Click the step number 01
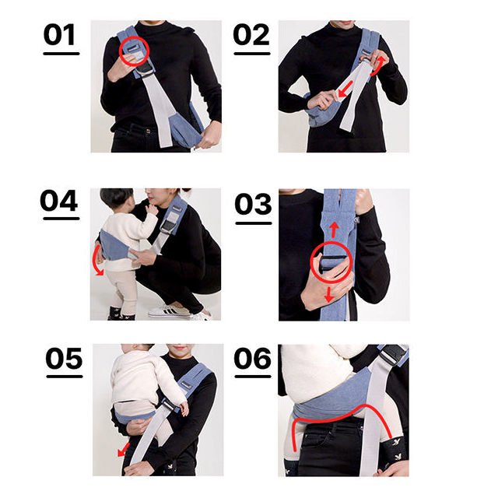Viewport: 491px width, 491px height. point(59,35)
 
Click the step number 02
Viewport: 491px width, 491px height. point(251,35)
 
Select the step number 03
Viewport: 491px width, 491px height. point(253,204)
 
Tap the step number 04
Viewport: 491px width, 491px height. point(59,201)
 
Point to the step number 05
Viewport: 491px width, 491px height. point(64,359)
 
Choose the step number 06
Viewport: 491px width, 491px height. point(252,359)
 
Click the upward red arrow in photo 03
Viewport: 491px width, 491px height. point(335,230)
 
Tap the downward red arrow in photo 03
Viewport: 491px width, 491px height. point(328,295)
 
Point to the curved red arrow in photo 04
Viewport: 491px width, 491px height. point(96,261)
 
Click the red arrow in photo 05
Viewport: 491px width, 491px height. point(124,450)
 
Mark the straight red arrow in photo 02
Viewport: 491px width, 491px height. point(345,89)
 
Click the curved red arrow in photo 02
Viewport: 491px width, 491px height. point(379,66)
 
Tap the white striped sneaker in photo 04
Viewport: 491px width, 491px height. point(169,310)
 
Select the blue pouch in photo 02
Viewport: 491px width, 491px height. point(321,112)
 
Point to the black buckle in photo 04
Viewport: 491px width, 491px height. point(169,226)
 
